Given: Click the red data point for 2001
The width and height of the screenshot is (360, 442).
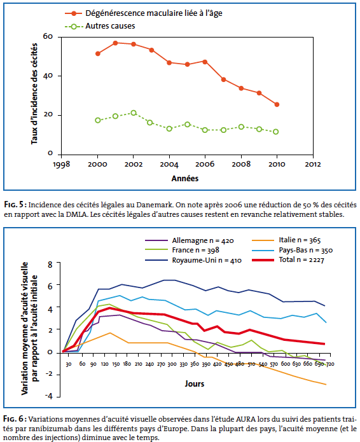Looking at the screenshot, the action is click(115, 43).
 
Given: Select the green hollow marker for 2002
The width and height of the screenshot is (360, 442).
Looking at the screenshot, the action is click(134, 113).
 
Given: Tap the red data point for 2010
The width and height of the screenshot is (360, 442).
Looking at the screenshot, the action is click(277, 104).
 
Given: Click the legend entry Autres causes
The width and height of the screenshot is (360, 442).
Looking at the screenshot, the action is click(100, 26).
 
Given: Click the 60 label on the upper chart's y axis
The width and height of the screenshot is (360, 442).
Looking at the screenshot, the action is click(48, 36).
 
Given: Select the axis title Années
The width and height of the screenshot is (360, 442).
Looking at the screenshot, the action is click(185, 179).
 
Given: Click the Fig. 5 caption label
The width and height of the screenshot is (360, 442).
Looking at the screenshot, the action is click(15, 205).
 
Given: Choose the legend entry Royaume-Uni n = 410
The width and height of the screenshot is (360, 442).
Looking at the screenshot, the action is click(193, 260).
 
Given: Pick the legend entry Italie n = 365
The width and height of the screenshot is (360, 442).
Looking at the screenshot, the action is click(286, 240).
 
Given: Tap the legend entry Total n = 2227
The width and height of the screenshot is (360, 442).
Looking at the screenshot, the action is click(288, 260).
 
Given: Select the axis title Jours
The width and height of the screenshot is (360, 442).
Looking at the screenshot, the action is click(195, 384).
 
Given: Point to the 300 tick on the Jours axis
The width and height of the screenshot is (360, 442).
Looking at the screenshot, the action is click(172, 364).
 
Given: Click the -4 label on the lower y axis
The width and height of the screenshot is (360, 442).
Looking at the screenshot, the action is click(49, 396).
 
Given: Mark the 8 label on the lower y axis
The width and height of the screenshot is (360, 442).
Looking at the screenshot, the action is click(50, 265).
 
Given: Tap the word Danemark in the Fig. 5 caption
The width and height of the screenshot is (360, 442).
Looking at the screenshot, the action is click(155, 205).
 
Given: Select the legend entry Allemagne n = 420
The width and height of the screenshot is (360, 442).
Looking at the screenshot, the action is click(190, 241).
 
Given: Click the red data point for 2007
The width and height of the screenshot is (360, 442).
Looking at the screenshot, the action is click(223, 79).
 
